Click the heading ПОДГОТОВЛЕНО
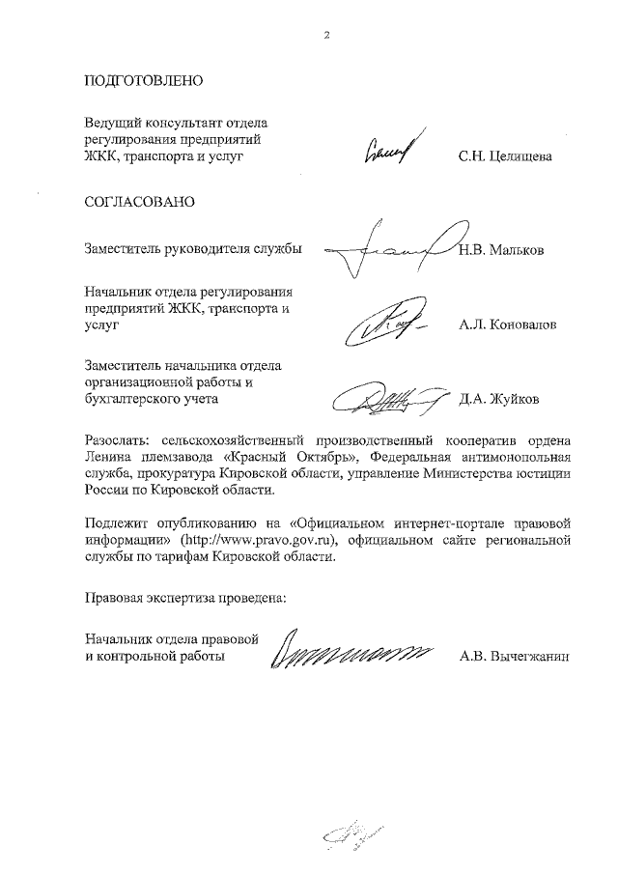click(x=143, y=80)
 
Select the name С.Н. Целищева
click(x=505, y=155)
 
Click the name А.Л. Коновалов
click(x=508, y=326)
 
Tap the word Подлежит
click(x=115, y=523)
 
